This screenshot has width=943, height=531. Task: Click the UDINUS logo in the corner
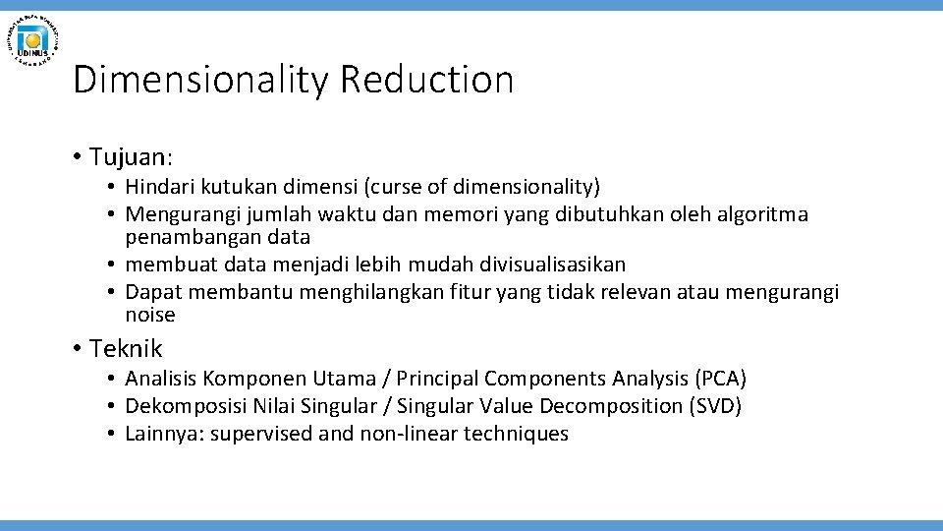click(x=33, y=39)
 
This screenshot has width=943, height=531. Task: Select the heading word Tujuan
click(x=131, y=156)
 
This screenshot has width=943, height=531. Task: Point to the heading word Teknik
click(x=126, y=348)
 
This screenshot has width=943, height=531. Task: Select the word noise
click(x=150, y=316)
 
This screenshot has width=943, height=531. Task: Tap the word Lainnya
click(x=165, y=434)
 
